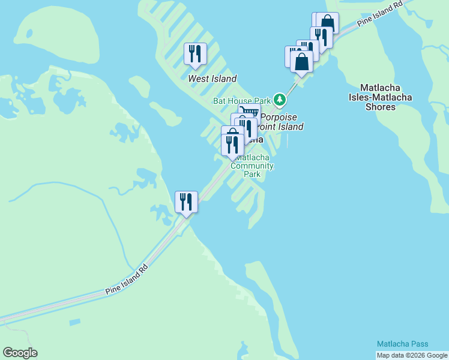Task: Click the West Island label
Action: [x=212, y=79]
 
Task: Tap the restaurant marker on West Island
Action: [x=194, y=54]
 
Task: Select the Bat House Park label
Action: [x=243, y=101]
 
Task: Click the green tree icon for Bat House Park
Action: [x=279, y=98]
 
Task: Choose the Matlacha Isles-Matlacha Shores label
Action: [x=381, y=97]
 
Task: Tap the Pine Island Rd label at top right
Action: [x=379, y=14]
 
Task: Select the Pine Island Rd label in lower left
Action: [x=127, y=280]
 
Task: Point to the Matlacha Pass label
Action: [x=403, y=344]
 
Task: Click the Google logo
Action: [x=20, y=353]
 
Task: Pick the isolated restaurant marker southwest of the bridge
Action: [x=186, y=202]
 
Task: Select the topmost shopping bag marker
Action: [x=328, y=22]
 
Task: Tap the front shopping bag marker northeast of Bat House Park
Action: [x=301, y=61]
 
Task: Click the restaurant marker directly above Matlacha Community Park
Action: [x=232, y=145]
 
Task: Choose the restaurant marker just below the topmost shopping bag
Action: [x=321, y=37]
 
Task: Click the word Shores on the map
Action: [x=381, y=107]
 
